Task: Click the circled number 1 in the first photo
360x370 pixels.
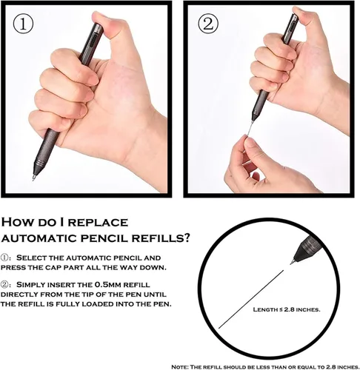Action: click(23, 25)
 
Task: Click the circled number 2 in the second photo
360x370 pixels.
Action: click(208, 24)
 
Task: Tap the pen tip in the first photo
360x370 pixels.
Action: click(33, 178)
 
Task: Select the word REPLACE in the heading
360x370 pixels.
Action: click(99, 222)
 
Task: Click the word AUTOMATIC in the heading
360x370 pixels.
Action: click(39, 238)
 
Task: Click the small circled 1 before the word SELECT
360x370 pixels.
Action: click(4, 258)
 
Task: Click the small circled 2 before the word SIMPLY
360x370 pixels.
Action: click(4, 285)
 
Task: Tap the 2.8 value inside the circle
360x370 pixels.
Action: click(289, 309)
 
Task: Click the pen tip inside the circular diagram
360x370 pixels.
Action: click(293, 261)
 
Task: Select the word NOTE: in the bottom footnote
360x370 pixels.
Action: click(179, 367)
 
